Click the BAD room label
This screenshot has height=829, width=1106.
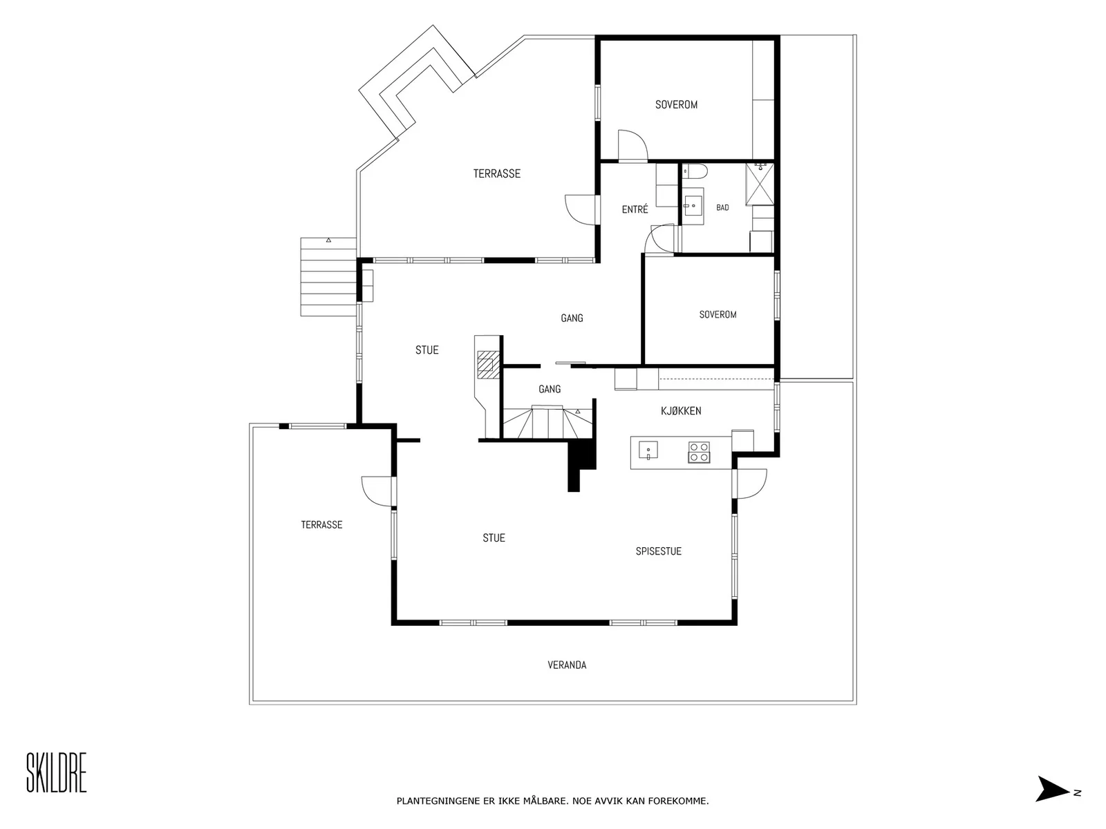pos(722,207)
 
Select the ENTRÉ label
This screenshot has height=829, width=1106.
pos(635,209)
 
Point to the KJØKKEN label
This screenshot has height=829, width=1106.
pos(681,411)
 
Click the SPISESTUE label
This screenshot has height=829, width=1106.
pos(658,551)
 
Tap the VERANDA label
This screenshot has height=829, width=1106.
pos(567,665)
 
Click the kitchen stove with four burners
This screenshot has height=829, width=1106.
pos(699,452)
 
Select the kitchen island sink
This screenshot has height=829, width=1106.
pos(648,450)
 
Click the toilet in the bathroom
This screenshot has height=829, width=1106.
pos(695,171)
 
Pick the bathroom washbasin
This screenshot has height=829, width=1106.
pos(693,206)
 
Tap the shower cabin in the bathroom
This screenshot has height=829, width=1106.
pos(759,184)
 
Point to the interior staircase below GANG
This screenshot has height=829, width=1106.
pos(547,423)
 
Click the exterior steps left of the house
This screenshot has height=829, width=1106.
pos(328,277)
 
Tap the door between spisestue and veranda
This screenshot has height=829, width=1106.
pos(750,484)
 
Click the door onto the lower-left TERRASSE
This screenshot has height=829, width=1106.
pos(378,491)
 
